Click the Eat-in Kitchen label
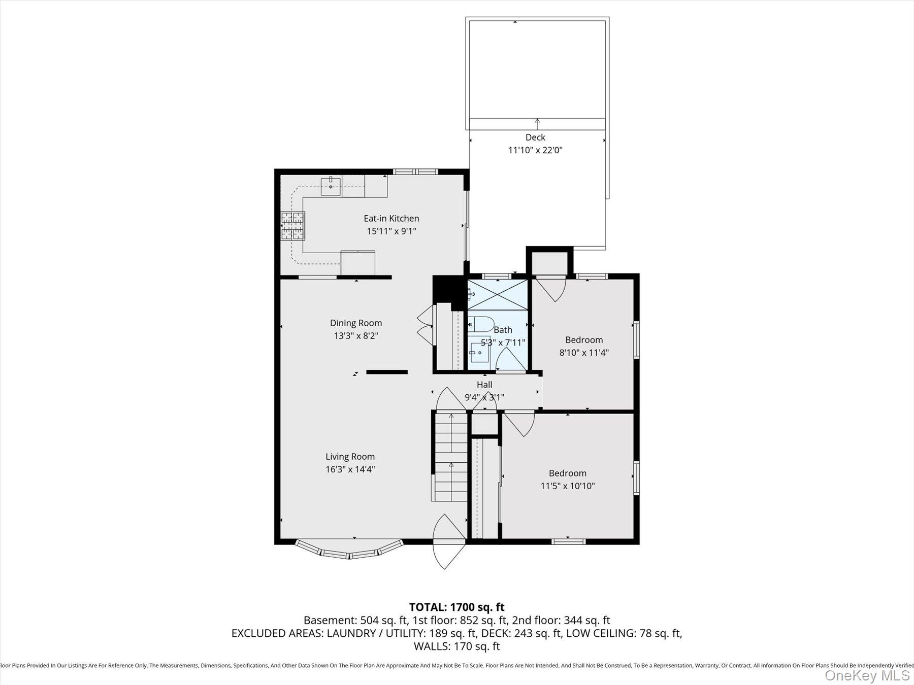tap(391, 218)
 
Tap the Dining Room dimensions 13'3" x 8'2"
tap(355, 336)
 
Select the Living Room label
tap(350, 456)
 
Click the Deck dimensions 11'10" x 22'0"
tap(535, 150)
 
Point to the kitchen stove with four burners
tap(292, 225)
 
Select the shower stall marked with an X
tap(497, 295)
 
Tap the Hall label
tap(484, 385)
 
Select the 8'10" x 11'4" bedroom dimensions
tap(584, 353)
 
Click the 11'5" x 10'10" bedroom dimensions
tap(567, 486)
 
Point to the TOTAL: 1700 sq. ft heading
tap(456, 607)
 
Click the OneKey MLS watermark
tap(867, 675)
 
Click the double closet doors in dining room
tap(424, 326)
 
